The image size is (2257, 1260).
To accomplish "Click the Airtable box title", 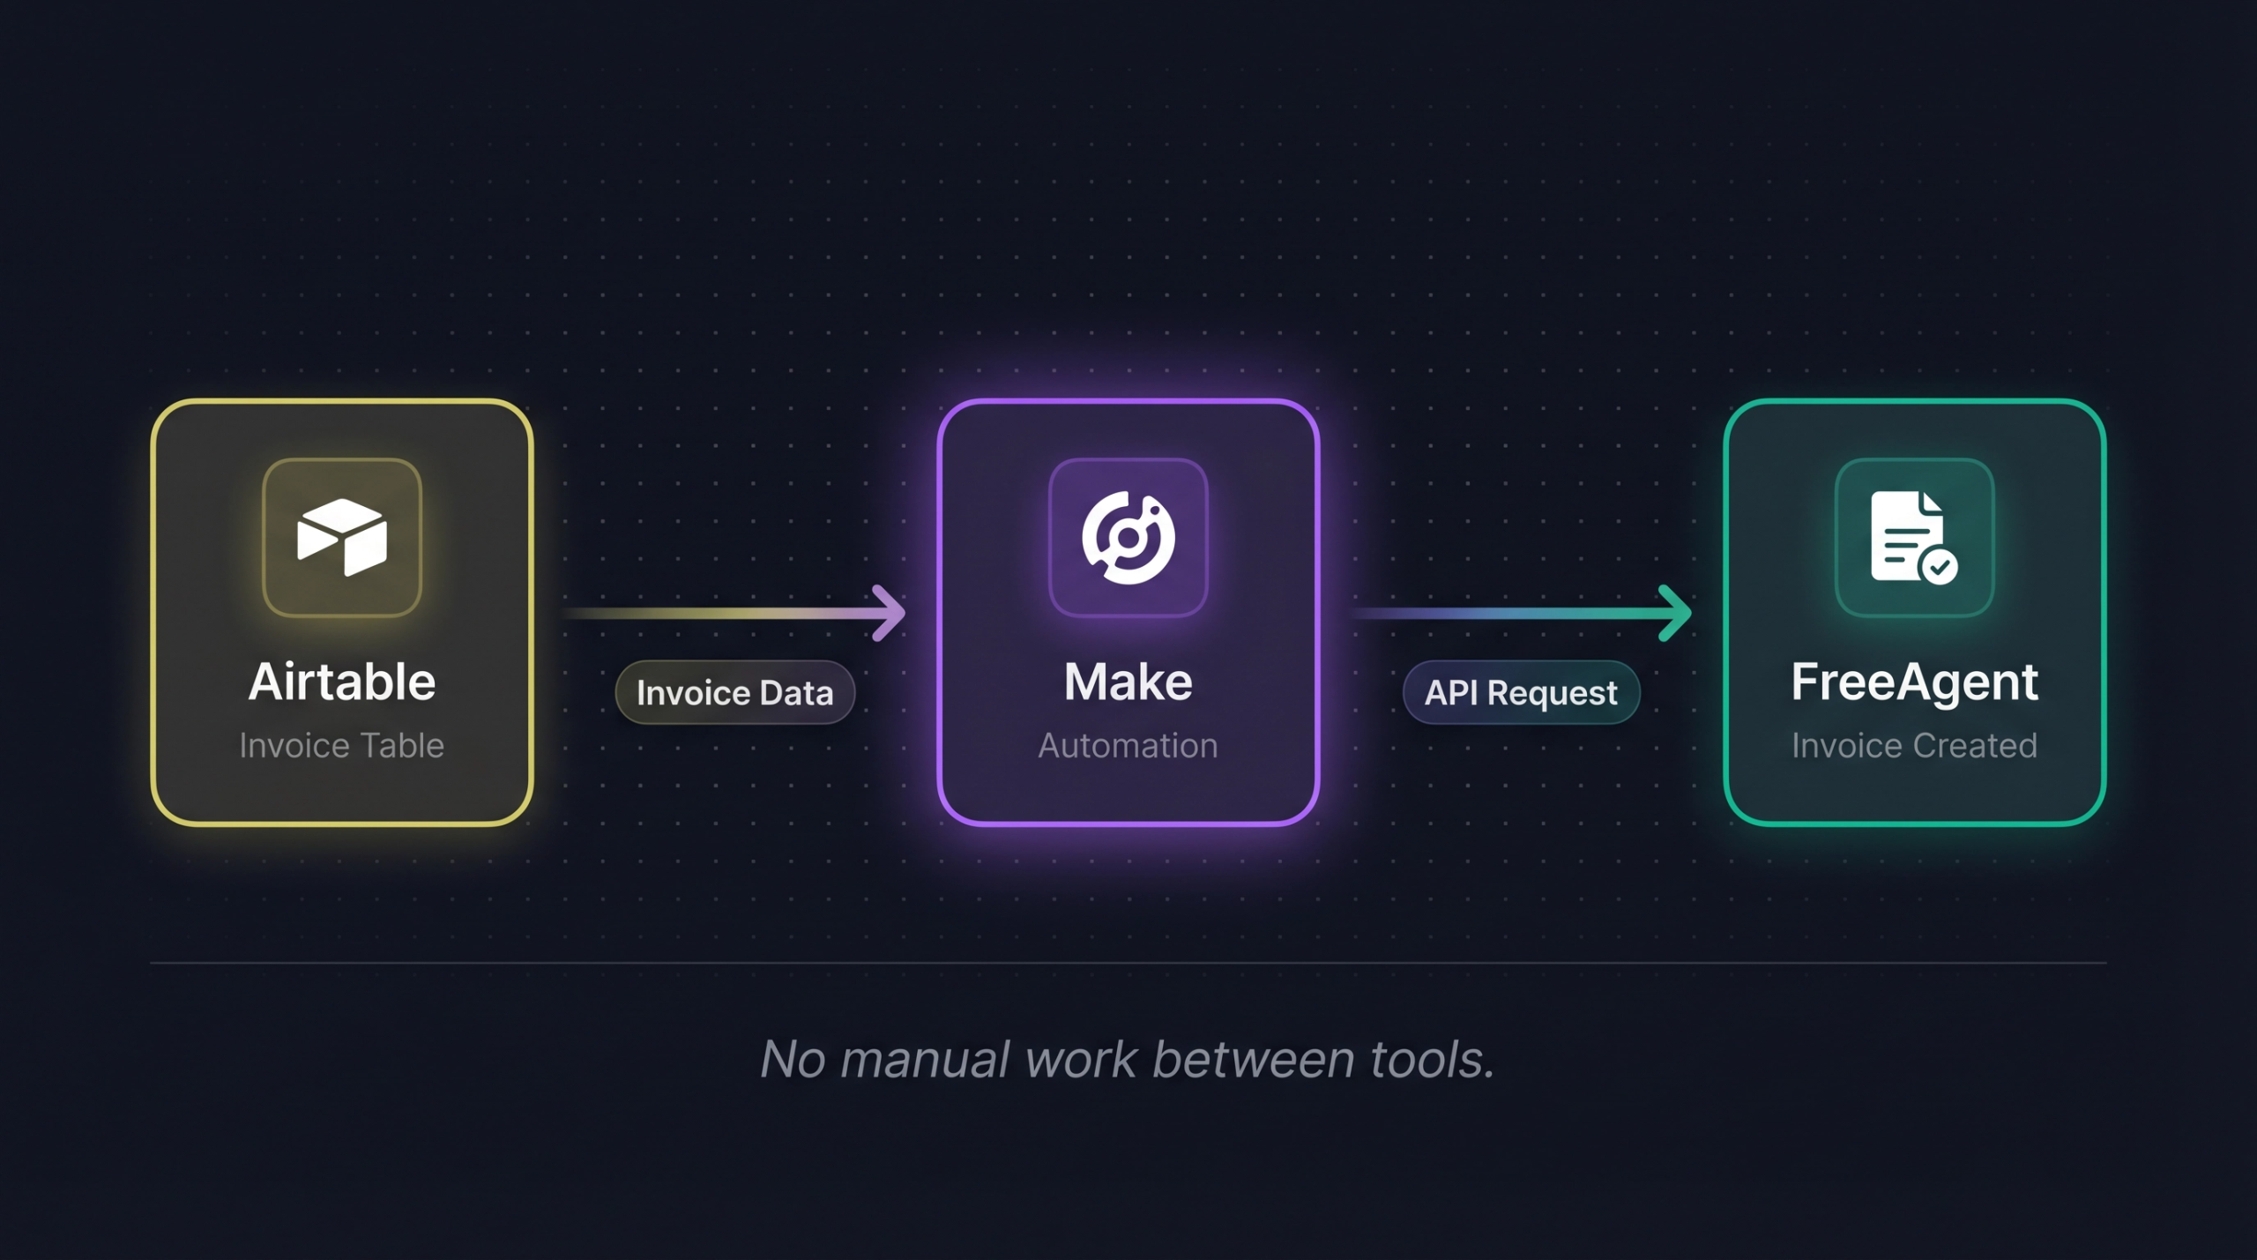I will click(342, 682).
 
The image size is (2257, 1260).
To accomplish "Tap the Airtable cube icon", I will click(342, 537).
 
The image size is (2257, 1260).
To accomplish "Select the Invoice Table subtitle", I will click(342, 746).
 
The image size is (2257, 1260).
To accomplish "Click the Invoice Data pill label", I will click(734, 693).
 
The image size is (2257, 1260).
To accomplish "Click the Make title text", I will click(1128, 682).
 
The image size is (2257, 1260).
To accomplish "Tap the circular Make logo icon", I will click(1128, 537).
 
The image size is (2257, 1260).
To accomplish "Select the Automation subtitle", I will click(1128, 746).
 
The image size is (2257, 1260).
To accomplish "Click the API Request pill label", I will click(1521, 693).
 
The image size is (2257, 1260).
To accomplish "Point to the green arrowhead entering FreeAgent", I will click(1677, 613).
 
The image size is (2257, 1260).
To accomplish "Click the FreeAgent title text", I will click(1914, 682).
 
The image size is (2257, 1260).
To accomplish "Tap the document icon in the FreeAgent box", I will click(1907, 535).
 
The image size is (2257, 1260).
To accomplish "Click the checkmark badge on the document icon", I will click(1939, 567).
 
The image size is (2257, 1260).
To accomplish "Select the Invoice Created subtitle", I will click(1914, 746).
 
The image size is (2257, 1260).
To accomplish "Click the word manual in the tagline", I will click(925, 1059).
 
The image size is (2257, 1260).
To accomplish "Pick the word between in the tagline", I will click(1253, 1059).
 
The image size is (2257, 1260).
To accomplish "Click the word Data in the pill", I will click(796, 693).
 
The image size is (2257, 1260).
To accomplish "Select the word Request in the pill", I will click(1553, 693).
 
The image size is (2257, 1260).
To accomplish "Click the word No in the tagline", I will click(793, 1059).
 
